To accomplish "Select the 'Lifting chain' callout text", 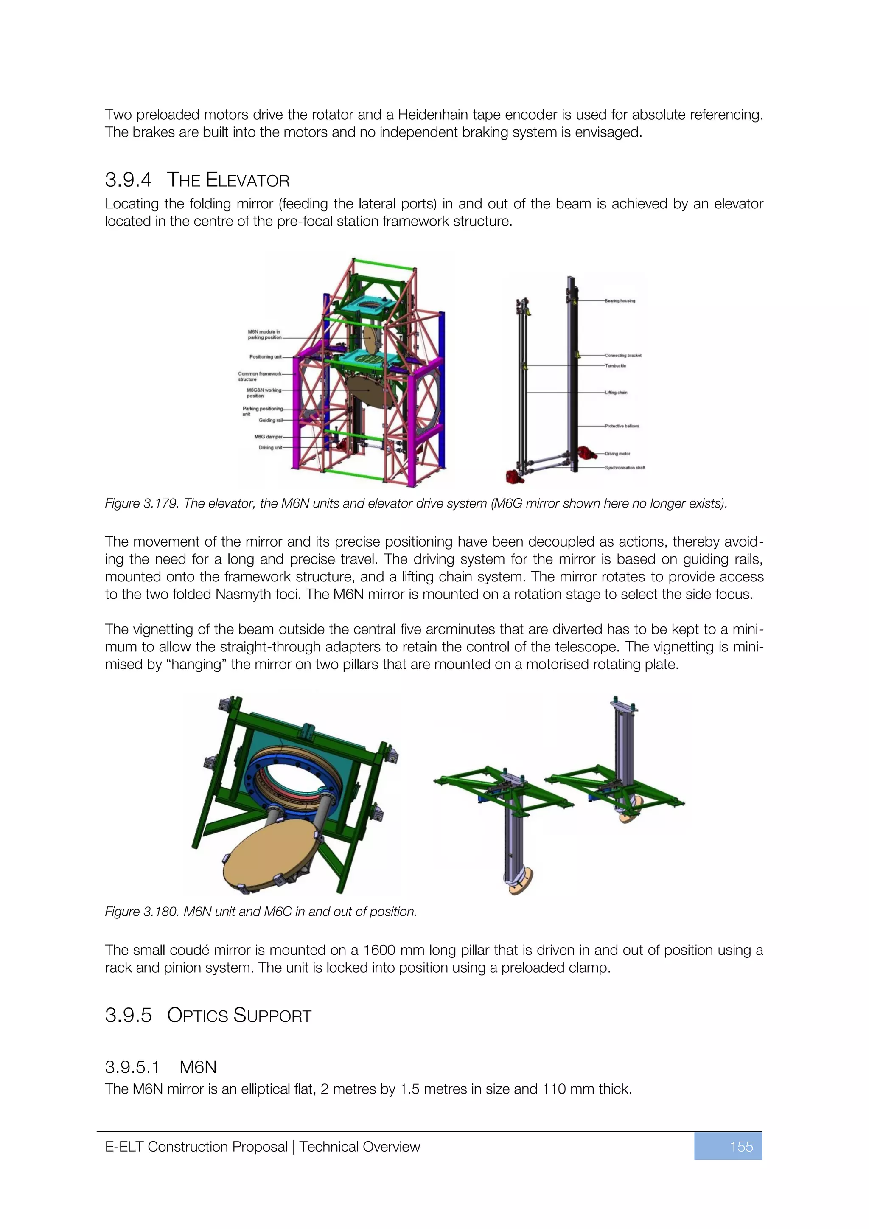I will pos(616,393).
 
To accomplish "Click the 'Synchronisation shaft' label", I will pos(625,468).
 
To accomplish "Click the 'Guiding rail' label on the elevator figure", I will pos(270,420).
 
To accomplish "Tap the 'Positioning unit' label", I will pos(265,356).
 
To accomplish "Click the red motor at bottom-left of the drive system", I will pos(512,475).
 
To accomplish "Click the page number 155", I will pos(741,1147).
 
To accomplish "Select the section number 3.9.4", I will pos(129,180).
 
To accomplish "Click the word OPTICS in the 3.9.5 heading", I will pos(198,1016).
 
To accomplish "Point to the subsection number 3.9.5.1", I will pos(132,1067).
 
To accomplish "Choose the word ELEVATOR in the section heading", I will pos(248,180).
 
